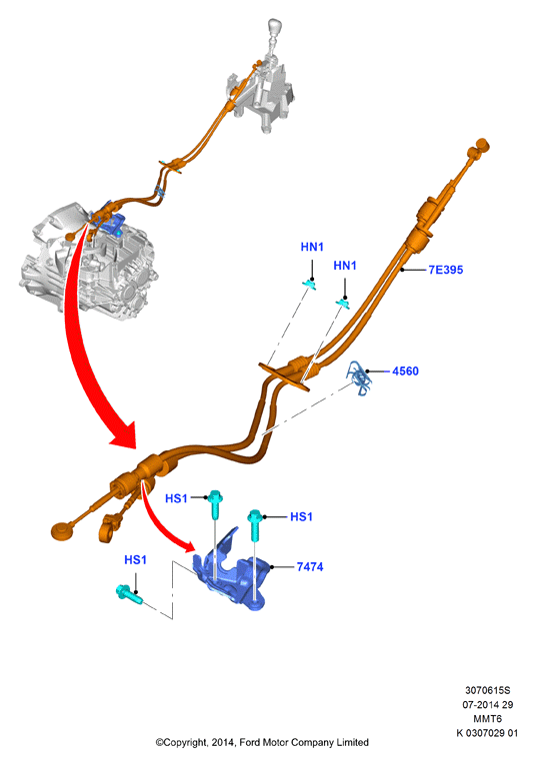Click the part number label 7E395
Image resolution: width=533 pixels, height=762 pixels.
pos(445,270)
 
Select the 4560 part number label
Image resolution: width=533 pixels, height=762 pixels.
pos(405,372)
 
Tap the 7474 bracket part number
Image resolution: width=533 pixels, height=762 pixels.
pos(310,566)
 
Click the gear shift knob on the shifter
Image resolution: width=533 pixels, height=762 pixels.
pos(275,27)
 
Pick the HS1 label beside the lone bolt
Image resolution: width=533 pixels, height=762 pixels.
pos(135,560)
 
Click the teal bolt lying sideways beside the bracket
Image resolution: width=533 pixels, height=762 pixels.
pos(129,594)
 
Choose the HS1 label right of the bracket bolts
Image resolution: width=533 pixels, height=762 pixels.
pos(301,516)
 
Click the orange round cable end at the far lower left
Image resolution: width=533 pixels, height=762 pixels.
pos(62,530)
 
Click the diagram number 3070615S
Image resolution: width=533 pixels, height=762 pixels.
pos(487,690)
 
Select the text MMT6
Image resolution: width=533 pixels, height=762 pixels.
pos(487,718)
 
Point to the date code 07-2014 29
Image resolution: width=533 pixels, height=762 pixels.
pos(487,704)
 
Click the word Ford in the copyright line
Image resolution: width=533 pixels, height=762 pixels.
pos(250,742)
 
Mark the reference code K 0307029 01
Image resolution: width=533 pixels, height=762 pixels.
pos(487,732)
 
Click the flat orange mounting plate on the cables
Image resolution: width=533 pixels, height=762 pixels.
pos(285,377)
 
